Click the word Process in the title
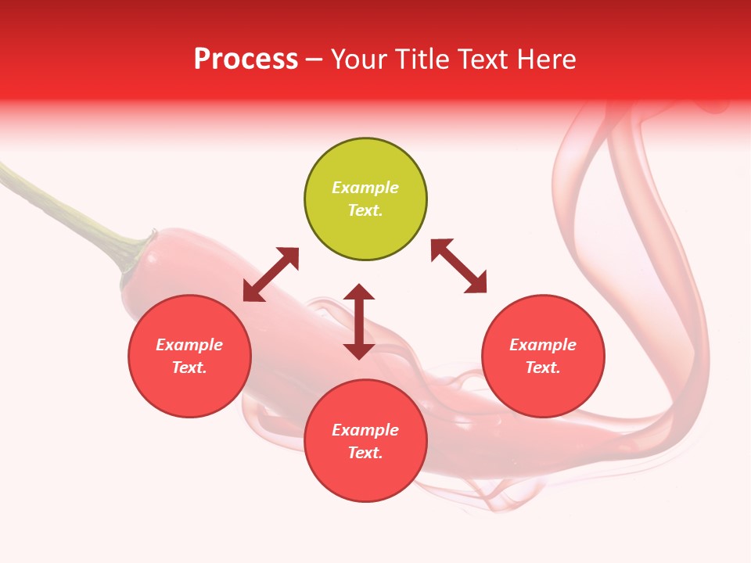point(246,59)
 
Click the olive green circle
point(365,199)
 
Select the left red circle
point(189,356)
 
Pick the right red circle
point(543,356)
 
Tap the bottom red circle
point(365,441)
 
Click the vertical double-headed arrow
point(359,321)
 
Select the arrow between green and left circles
point(271,274)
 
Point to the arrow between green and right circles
point(458,266)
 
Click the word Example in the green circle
point(365,188)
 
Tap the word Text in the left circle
point(189,368)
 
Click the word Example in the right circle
point(543,345)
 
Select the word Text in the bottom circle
point(365,453)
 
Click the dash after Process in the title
point(314,60)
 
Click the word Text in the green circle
point(365,210)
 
